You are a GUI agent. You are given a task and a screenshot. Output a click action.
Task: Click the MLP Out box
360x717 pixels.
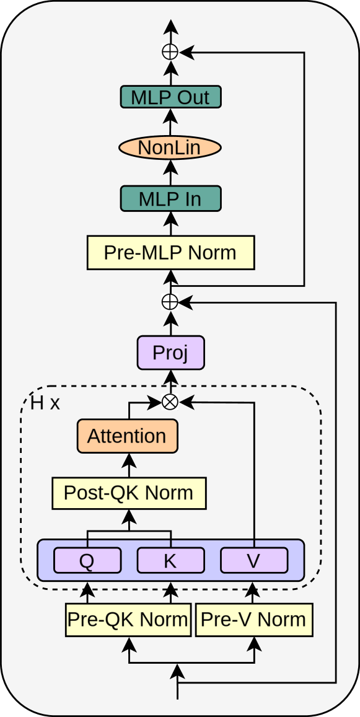click(x=170, y=97)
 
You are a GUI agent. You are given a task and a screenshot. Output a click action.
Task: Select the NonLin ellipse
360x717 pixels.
click(x=170, y=148)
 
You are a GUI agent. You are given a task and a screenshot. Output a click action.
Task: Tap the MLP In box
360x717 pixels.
click(x=170, y=199)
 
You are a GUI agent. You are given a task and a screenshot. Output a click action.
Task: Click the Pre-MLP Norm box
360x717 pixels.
click(x=170, y=253)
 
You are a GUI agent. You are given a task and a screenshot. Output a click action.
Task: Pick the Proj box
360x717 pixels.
click(x=170, y=353)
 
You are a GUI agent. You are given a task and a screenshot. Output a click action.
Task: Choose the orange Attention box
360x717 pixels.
click(x=127, y=436)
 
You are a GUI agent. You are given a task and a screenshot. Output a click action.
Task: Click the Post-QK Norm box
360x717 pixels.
click(x=129, y=493)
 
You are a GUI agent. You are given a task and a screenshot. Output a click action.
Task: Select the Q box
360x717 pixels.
click(x=87, y=561)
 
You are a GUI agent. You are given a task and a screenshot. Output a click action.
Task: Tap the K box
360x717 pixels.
click(x=170, y=561)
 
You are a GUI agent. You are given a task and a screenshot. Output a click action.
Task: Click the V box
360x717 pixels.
click(x=254, y=561)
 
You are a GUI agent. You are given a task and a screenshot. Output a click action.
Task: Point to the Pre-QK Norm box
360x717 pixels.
click(x=128, y=619)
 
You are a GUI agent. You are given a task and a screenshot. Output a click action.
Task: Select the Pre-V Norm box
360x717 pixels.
click(x=254, y=619)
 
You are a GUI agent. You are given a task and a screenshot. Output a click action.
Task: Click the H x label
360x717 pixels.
click(x=45, y=403)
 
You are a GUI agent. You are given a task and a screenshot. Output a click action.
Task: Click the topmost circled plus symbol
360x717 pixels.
click(x=170, y=53)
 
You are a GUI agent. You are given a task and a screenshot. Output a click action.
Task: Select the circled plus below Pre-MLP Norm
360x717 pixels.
click(x=170, y=302)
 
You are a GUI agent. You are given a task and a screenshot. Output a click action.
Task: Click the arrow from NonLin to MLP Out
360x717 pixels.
click(x=170, y=123)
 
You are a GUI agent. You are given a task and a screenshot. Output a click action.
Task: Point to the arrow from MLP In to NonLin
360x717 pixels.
click(x=170, y=174)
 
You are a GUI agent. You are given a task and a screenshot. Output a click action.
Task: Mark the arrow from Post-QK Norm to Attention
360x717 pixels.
click(x=129, y=464)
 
